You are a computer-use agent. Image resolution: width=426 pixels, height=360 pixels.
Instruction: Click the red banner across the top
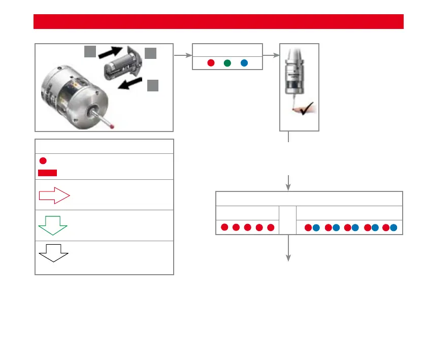218,22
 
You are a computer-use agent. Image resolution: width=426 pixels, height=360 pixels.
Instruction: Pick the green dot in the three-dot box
227,63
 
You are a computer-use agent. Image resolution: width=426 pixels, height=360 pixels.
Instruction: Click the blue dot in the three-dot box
244,63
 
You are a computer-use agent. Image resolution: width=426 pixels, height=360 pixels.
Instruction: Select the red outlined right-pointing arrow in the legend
53,195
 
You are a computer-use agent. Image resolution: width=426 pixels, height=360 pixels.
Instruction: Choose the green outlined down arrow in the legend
53,225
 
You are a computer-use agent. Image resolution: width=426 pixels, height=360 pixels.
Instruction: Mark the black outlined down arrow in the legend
53,252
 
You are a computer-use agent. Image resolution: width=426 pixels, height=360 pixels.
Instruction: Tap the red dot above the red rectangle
43,161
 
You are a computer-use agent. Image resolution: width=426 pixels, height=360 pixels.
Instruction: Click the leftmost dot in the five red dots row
224,227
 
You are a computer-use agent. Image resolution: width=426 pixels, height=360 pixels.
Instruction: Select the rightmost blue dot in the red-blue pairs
394,227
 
